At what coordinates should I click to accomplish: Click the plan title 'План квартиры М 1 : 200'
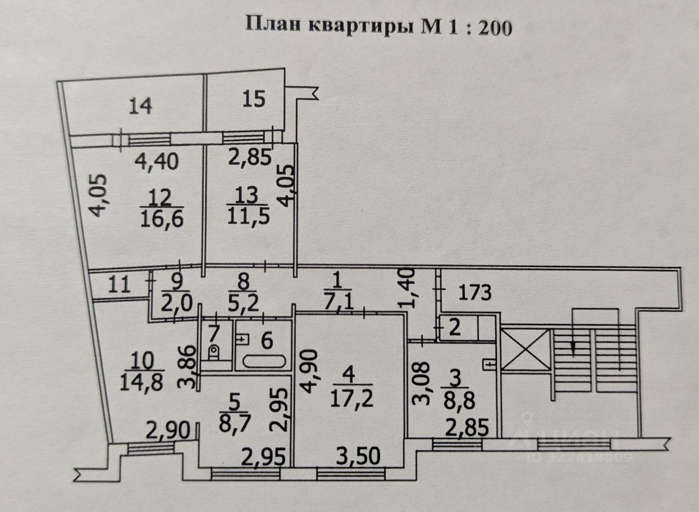click(380, 26)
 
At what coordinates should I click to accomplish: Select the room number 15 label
click(254, 99)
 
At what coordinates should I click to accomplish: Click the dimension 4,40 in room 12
click(157, 162)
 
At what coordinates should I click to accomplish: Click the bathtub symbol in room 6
click(263, 362)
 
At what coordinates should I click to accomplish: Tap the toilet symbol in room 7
click(214, 352)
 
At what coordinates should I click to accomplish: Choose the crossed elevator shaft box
click(524, 350)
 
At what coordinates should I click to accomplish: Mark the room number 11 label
click(118, 285)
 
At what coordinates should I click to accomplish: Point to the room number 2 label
click(455, 328)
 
